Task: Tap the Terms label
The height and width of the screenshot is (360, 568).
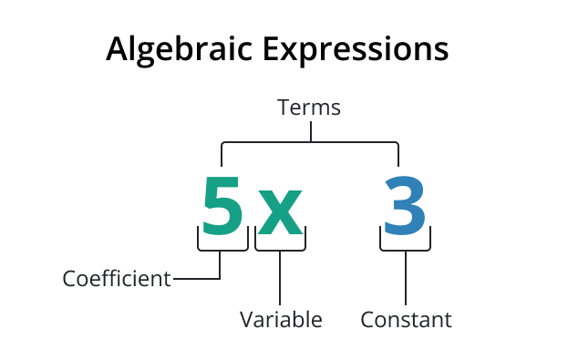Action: click(309, 108)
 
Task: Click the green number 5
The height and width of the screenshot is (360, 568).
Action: click(223, 205)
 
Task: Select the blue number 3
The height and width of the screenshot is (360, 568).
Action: click(404, 205)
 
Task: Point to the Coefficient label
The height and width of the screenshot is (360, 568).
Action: click(117, 279)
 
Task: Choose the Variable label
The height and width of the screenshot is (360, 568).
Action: click(281, 320)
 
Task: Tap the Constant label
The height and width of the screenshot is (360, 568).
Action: click(406, 320)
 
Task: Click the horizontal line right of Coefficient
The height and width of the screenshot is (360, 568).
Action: click(196, 279)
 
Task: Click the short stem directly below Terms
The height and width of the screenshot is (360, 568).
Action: click(310, 132)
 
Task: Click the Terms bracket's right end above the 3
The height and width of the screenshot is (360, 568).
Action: click(398, 153)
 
